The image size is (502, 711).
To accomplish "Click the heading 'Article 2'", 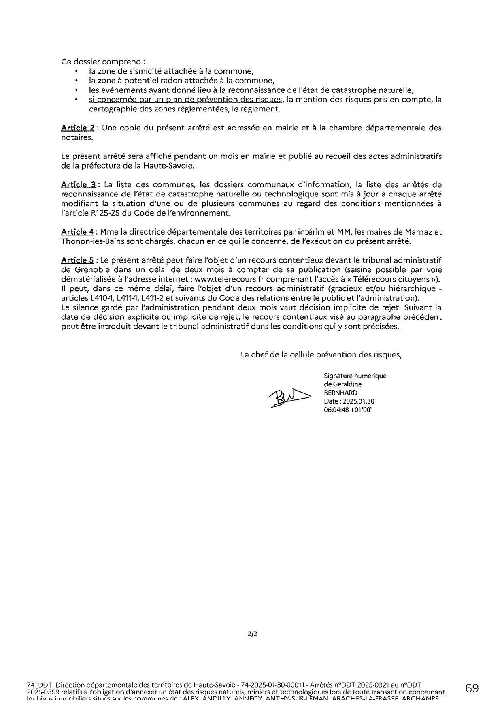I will tap(78, 128).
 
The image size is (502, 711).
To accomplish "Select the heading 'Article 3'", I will tap(78, 185).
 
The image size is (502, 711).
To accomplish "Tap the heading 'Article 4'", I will tap(77, 232).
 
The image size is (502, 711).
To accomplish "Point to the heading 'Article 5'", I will tap(77, 260).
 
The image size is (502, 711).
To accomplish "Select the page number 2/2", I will tap(252, 634).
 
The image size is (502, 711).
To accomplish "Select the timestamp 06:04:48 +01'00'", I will tap(348, 410).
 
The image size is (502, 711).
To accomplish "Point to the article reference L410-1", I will tap(103, 298).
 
